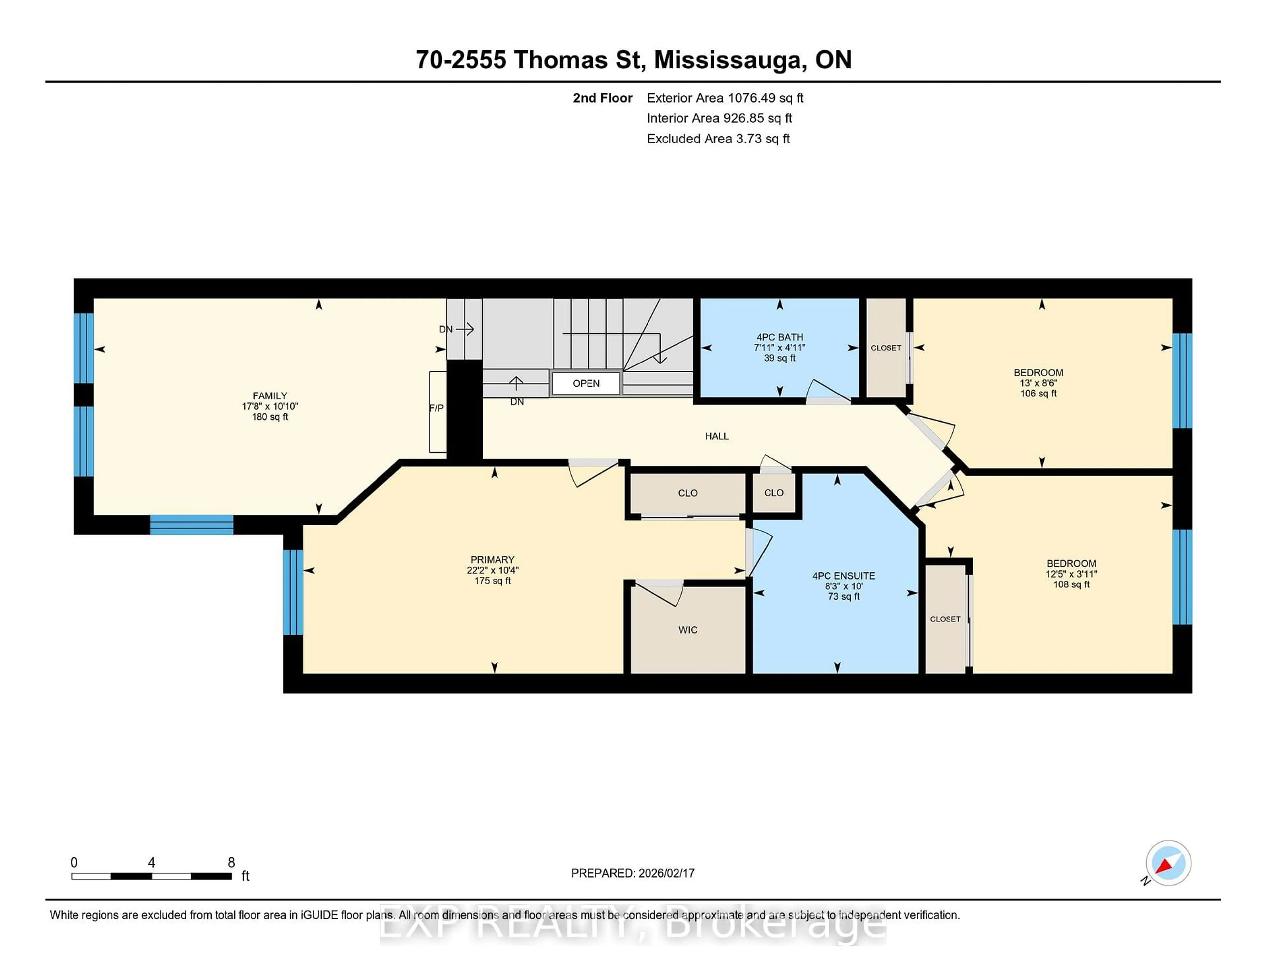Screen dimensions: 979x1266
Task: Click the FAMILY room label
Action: click(x=270, y=395)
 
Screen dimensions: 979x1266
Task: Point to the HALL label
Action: click(x=716, y=436)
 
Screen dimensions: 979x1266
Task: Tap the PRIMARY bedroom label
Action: click(x=492, y=560)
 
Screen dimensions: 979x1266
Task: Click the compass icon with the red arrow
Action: click(x=1167, y=863)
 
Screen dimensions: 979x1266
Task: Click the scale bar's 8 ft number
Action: click(x=231, y=863)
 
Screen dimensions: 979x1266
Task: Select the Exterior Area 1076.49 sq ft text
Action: click(x=725, y=98)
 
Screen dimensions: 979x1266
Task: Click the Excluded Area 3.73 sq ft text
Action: click(x=718, y=139)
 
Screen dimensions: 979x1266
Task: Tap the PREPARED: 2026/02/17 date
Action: click(x=632, y=873)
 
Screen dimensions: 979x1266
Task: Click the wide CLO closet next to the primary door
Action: click(x=687, y=493)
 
